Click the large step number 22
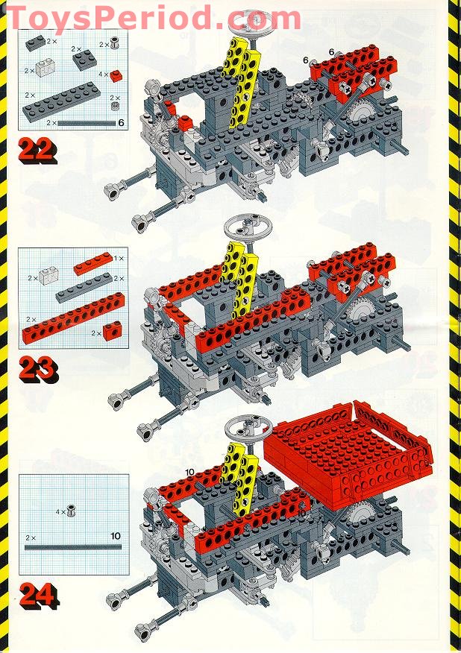pyautogui.click(x=37, y=151)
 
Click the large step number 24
pyautogui.click(x=38, y=596)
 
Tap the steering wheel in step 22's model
pyautogui.click(x=256, y=22)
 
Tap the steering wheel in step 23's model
pyautogui.click(x=248, y=228)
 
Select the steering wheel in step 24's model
pyautogui.click(x=248, y=428)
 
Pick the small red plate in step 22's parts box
pyautogui.click(x=116, y=75)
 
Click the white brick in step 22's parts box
pyautogui.click(x=46, y=68)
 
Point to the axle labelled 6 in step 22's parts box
pyautogui.click(x=87, y=123)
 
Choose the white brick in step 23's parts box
pyautogui.click(x=48, y=277)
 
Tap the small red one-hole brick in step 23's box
pyautogui.click(x=112, y=331)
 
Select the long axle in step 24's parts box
pyautogui.click(x=73, y=547)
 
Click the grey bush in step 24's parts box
pyautogui.click(x=72, y=510)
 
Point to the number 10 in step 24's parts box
pyautogui.click(x=116, y=536)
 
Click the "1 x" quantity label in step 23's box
pyautogui.click(x=119, y=259)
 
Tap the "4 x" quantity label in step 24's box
pyautogui.click(x=61, y=511)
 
